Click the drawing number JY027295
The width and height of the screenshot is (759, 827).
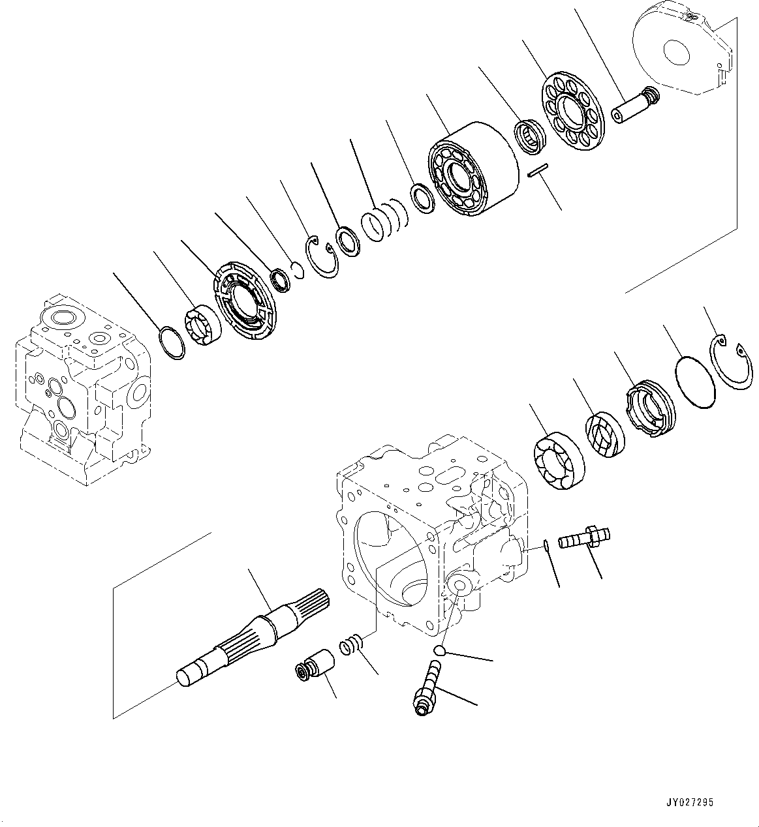tap(690, 802)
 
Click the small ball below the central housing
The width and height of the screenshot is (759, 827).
tap(441, 650)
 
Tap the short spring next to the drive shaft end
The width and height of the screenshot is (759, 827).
tap(351, 646)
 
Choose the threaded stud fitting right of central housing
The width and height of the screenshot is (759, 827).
tap(583, 537)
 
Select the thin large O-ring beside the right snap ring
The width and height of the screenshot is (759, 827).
tap(696, 382)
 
